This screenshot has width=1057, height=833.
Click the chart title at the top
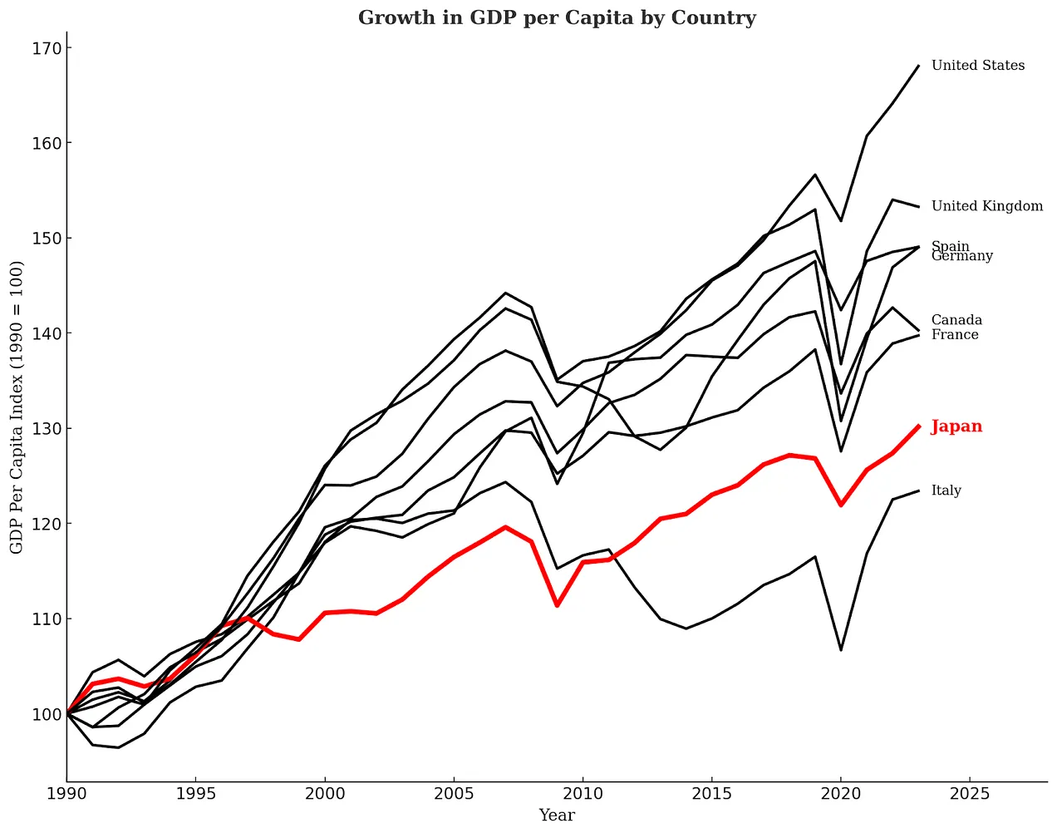tap(557, 17)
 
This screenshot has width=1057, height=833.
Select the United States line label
tap(978, 66)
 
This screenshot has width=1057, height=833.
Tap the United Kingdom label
tap(986, 206)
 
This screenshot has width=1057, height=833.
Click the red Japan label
tap(956, 426)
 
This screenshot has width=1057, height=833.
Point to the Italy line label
tap(946, 490)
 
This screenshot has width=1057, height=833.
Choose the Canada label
tap(956, 320)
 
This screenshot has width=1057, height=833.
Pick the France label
tap(955, 335)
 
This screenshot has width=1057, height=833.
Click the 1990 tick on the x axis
tap(66, 794)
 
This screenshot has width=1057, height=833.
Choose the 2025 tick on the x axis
tap(970, 794)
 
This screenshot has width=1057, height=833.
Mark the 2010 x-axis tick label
tap(583, 794)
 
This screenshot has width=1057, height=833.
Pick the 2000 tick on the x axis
tap(325, 794)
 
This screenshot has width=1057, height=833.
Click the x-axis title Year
tap(557, 816)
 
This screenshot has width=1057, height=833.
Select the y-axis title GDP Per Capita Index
tap(17, 407)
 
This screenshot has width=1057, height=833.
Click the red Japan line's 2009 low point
tap(557, 605)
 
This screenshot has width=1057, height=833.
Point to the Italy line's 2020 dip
tap(841, 650)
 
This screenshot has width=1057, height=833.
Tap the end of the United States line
tap(918, 66)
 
